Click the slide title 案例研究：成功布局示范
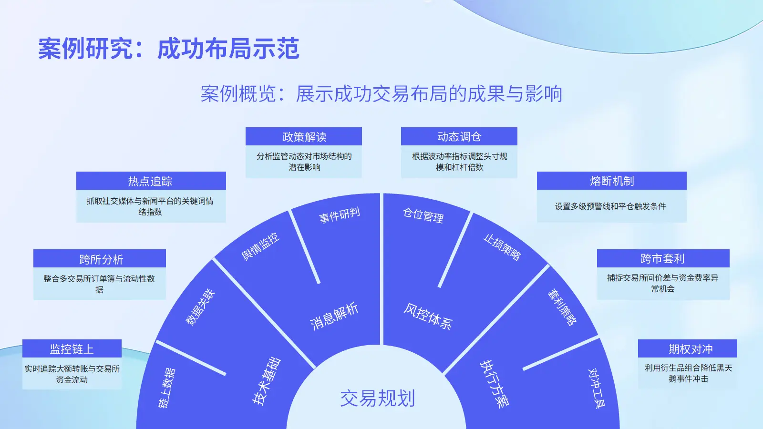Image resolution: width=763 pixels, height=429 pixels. (168, 49)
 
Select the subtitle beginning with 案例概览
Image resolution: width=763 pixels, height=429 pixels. (381, 94)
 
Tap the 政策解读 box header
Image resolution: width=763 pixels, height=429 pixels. (304, 137)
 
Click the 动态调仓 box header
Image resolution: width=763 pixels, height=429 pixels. (459, 137)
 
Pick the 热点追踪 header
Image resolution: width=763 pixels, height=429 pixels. (150, 181)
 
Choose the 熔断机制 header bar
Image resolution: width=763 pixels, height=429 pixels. (611, 181)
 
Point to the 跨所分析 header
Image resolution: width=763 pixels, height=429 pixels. (100, 259)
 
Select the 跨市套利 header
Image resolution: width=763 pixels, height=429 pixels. (663, 258)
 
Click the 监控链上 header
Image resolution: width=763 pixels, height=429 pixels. (72, 349)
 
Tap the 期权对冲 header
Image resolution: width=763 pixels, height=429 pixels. (688, 349)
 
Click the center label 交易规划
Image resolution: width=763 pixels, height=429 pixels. (377, 398)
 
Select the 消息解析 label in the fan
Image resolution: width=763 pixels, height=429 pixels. (334, 316)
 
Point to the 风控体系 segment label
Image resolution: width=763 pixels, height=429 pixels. (428, 316)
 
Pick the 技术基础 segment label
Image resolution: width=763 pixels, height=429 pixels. (266, 381)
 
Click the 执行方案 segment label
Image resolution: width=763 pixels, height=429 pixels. (494, 384)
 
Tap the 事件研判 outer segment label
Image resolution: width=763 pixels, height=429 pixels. (340, 215)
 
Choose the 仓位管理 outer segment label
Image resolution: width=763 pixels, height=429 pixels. (423, 215)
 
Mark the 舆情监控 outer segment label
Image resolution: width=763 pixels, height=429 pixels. (260, 246)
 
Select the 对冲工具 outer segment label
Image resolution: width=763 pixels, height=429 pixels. (596, 388)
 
